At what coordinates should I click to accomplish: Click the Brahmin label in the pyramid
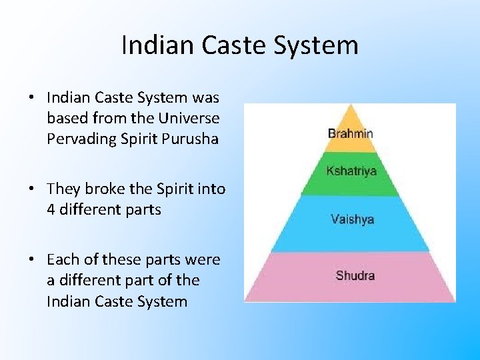tap(350, 133)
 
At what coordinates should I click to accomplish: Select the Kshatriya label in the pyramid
tap(351, 171)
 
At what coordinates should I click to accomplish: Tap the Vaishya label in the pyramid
tap(352, 219)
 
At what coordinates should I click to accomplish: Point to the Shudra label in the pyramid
tap(355, 275)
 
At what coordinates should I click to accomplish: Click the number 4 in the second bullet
tap(51, 209)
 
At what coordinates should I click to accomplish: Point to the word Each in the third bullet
tap(61, 259)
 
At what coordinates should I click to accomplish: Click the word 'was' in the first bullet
tap(205, 98)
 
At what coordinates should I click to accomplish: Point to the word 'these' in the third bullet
tap(114, 259)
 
